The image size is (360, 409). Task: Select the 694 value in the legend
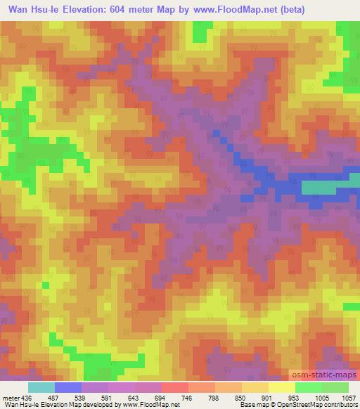tap(162, 398)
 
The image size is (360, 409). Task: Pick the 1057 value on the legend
tap(347, 398)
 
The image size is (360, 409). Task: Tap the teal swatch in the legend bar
tap(41, 388)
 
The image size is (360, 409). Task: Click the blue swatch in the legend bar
tap(67, 388)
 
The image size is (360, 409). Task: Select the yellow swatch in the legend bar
tap(282, 388)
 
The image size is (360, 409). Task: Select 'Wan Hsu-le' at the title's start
tap(35, 8)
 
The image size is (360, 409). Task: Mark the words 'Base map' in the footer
tap(250, 405)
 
